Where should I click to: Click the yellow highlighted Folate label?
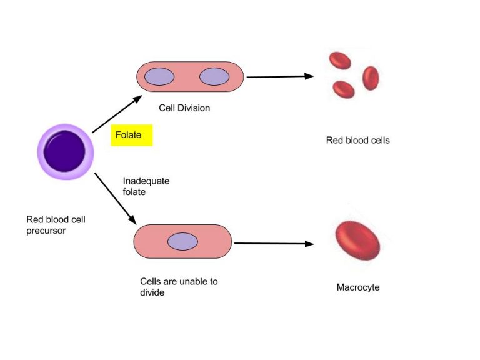click(x=131, y=135)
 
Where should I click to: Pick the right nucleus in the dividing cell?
click(x=215, y=77)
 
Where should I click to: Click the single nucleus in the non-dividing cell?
click(x=182, y=241)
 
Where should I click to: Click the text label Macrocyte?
click(x=358, y=287)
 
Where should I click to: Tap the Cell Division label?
click(x=184, y=107)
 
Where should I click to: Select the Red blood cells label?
click(x=357, y=140)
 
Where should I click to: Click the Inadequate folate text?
click(x=146, y=186)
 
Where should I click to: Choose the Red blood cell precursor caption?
click(x=56, y=225)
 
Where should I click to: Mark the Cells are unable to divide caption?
click(x=179, y=287)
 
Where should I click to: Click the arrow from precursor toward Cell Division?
click(x=117, y=114)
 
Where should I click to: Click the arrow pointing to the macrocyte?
click(x=274, y=244)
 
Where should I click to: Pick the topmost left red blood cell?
click(x=341, y=61)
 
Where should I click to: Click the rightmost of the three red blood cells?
click(x=371, y=78)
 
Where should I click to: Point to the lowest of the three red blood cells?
click(x=344, y=89)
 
